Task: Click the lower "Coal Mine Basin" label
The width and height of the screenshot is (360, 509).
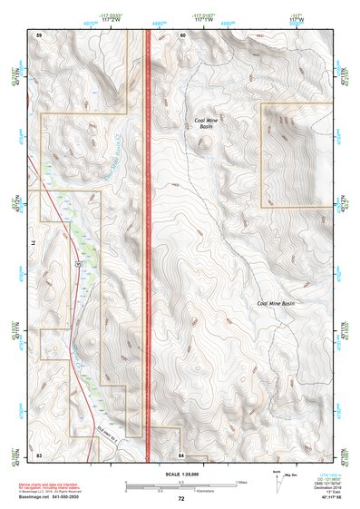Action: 276,303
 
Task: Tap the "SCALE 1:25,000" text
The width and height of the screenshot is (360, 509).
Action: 180,473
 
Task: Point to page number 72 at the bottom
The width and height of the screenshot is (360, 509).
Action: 180,498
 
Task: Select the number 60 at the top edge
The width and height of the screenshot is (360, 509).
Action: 182,34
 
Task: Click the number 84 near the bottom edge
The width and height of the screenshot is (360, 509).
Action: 181,453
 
